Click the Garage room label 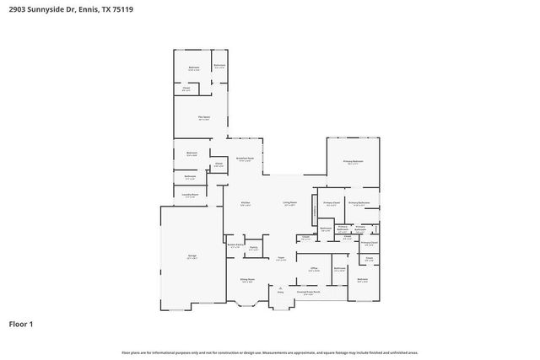(x=192, y=255)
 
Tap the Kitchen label (x=245, y=203)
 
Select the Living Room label (x=289, y=203)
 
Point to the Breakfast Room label (x=245, y=159)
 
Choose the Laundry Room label (x=191, y=195)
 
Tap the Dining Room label (x=246, y=280)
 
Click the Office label (x=313, y=268)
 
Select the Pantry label (x=253, y=248)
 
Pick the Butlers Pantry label (x=235, y=245)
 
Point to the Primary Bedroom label (x=353, y=161)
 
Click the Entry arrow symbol (x=281, y=287)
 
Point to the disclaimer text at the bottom (x=269, y=352)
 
